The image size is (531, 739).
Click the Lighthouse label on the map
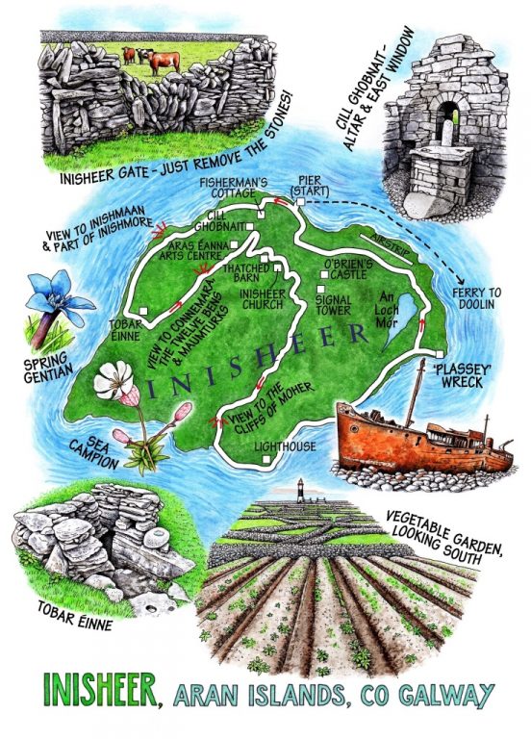click(x=285, y=446)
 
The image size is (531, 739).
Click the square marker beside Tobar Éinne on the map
click(x=143, y=311)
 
